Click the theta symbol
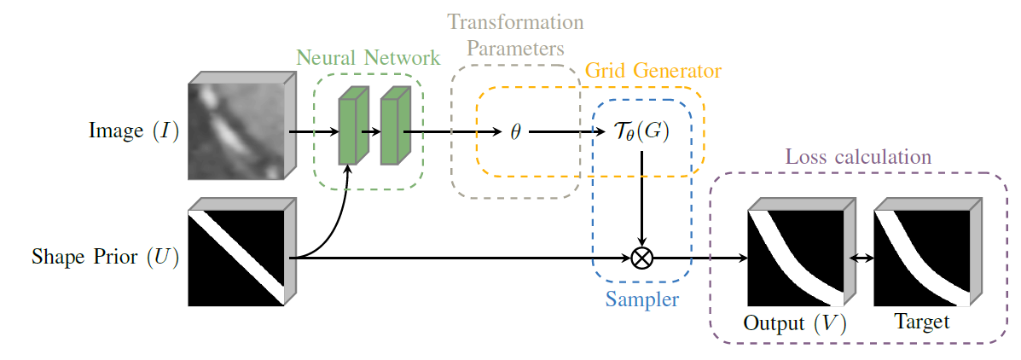click(515, 132)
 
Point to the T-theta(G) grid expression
click(641, 132)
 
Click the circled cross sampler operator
click(641, 258)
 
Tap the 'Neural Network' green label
click(368, 59)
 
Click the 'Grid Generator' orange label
click(653, 71)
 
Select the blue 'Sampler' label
click(641, 299)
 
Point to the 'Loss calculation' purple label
click(858, 158)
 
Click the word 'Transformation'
click(516, 21)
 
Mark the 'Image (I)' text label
click(134, 132)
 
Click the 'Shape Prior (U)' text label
click(106, 258)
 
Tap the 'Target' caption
click(921, 322)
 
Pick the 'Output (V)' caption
click(794, 324)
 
